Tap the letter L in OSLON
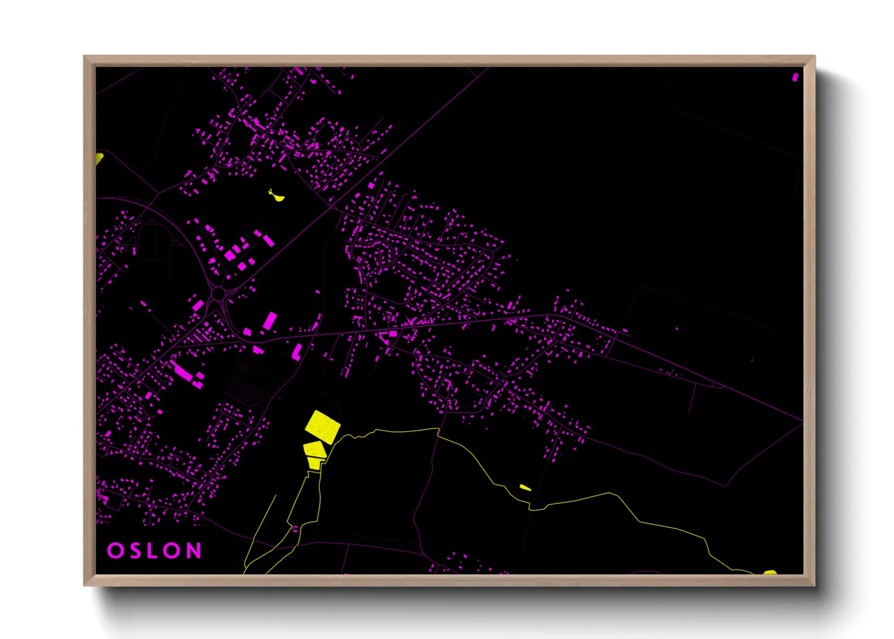pos(153,551)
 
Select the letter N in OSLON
pos(194,551)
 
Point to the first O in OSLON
pos(115,551)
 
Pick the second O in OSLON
pos(173,551)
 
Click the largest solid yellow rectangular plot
pos(323,425)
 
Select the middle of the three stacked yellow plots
pos(314,449)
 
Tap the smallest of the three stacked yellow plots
pos(314,463)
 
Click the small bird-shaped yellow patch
pos(276,196)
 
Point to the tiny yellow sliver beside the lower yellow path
pos(525,487)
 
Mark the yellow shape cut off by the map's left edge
pos(99,159)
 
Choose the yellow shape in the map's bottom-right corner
pos(770,572)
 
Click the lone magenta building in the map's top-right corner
pos(795,77)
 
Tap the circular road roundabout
pos(218,294)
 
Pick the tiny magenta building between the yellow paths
pos(295,529)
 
